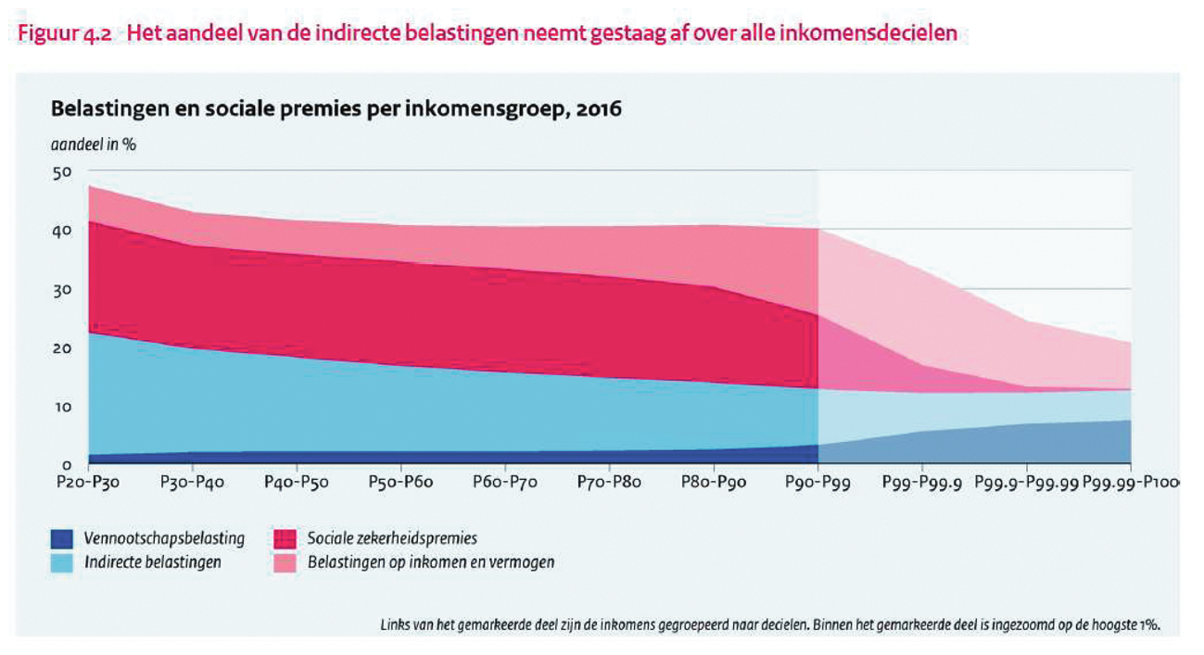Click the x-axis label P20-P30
(x=89, y=483)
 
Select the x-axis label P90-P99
(x=817, y=483)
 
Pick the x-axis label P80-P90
(x=714, y=483)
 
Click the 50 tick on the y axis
(x=62, y=172)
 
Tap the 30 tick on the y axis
(x=62, y=290)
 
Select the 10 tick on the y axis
(x=62, y=407)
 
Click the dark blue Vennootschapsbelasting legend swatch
(x=62, y=538)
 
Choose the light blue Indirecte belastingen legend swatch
(x=62, y=562)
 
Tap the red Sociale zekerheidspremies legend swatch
(x=285, y=538)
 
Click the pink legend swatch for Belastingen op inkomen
(x=285, y=562)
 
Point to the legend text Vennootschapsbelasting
(x=164, y=538)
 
